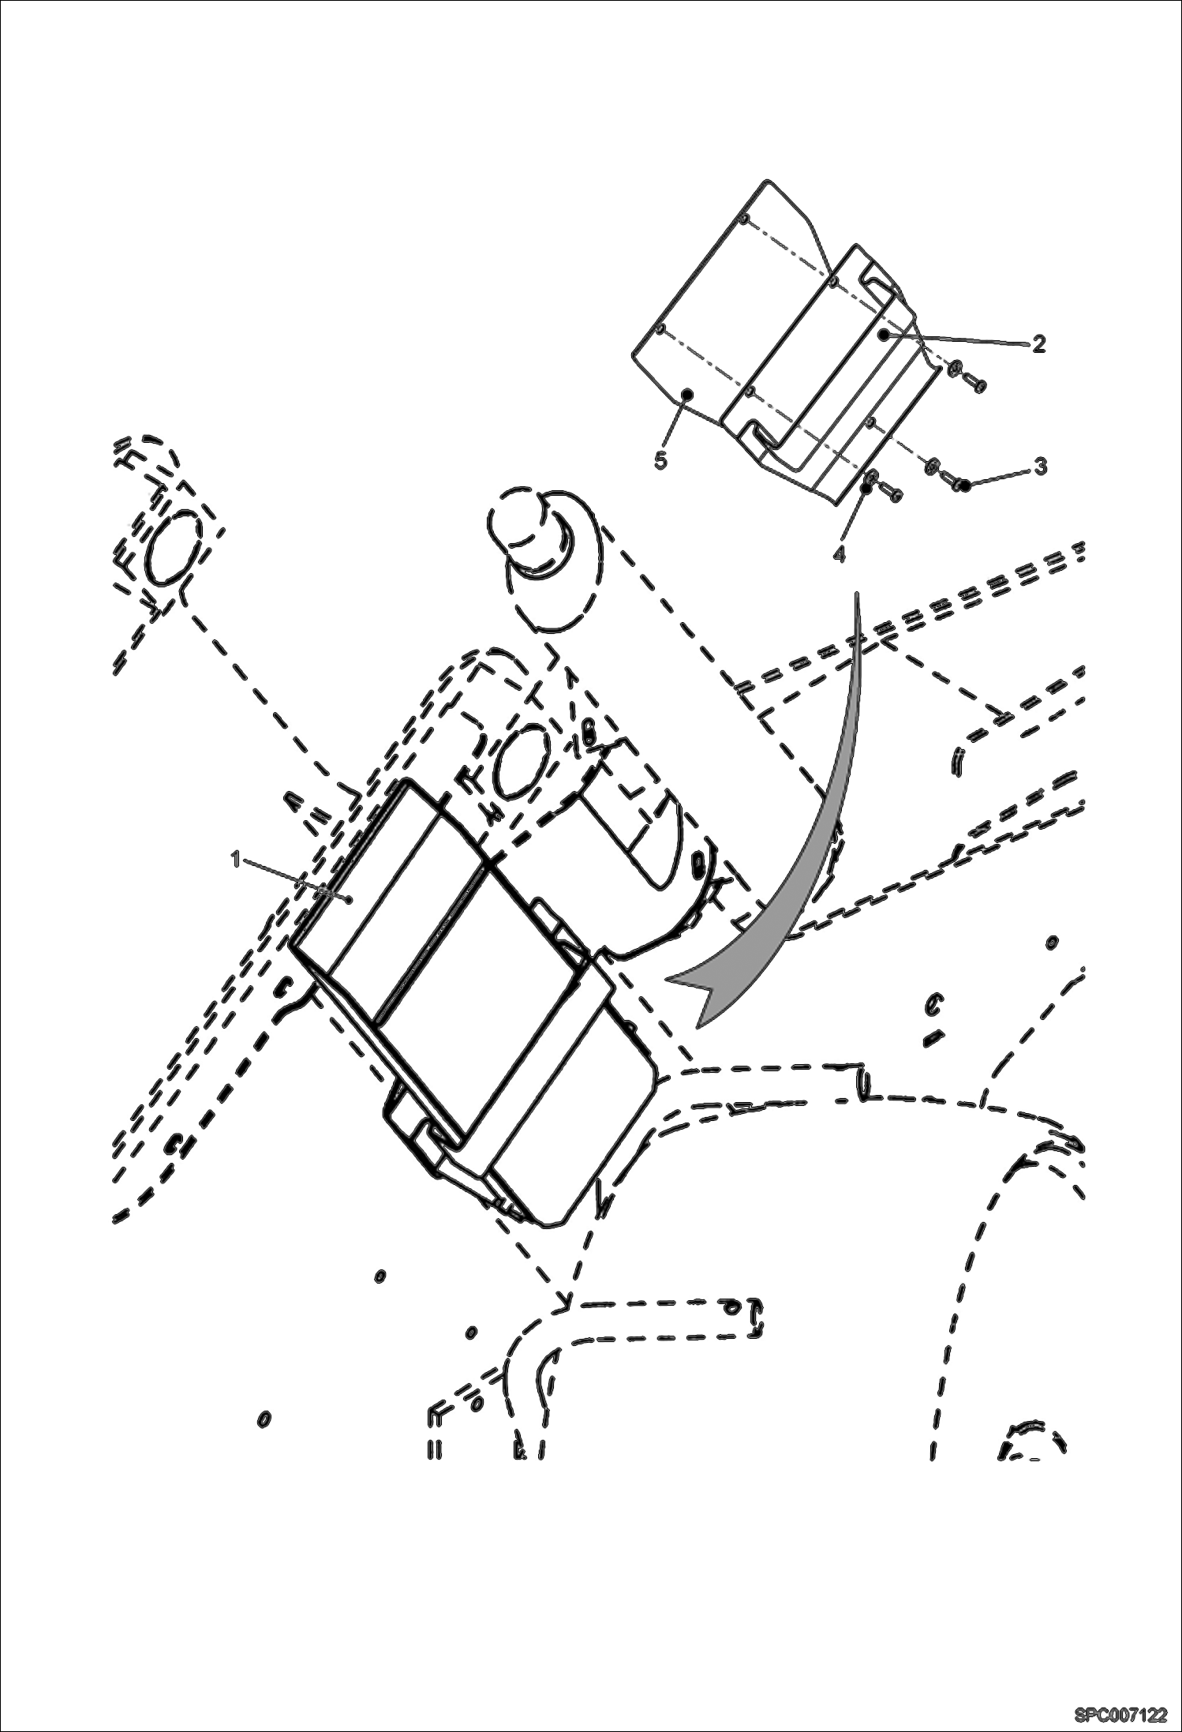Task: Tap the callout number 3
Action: tap(1041, 467)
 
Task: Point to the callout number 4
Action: tap(839, 554)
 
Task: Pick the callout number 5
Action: tap(661, 460)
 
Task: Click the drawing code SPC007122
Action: tap(1120, 1713)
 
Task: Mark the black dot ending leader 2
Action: tap(885, 335)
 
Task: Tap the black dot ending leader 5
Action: tap(687, 392)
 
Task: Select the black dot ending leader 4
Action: tap(866, 489)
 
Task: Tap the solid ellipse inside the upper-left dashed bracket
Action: tap(171, 546)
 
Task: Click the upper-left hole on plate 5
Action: tap(742, 218)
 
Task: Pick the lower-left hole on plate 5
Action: tap(661, 328)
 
